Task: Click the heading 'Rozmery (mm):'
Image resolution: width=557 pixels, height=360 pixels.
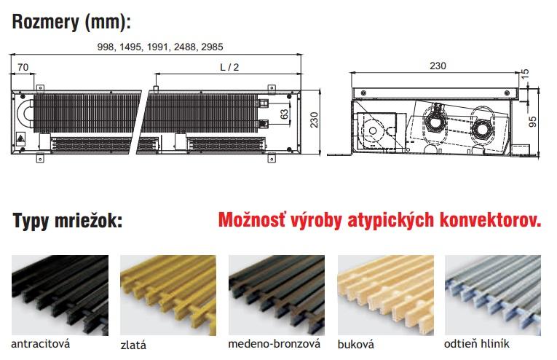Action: pyautogui.click(x=71, y=22)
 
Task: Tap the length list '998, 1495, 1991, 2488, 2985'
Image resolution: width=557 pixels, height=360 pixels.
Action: pyautogui.click(x=160, y=47)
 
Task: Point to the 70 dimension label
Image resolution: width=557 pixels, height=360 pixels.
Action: pyautogui.click(x=23, y=67)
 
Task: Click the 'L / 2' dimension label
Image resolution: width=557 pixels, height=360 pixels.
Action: pyautogui.click(x=229, y=67)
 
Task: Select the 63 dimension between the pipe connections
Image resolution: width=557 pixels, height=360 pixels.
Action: pyautogui.click(x=284, y=114)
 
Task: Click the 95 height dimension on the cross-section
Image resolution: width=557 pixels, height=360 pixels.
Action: pyautogui.click(x=533, y=122)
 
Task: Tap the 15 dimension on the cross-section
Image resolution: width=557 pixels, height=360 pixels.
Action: pyautogui.click(x=525, y=74)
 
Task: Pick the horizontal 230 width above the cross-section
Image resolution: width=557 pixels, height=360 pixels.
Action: pyautogui.click(x=438, y=66)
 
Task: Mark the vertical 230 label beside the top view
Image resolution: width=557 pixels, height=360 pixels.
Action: pyautogui.click(x=314, y=120)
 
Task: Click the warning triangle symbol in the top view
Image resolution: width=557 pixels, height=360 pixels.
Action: pyautogui.click(x=20, y=138)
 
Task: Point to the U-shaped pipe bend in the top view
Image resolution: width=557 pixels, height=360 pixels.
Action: pyautogui.click(x=24, y=114)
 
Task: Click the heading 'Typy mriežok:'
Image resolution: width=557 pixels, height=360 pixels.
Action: pyautogui.click(x=68, y=221)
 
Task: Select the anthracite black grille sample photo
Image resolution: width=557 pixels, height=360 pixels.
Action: pyautogui.click(x=60, y=295)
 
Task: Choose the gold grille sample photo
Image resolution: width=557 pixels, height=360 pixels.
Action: pyautogui.click(x=168, y=295)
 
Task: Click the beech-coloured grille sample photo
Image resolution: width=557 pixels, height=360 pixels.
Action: pyautogui.click(x=385, y=295)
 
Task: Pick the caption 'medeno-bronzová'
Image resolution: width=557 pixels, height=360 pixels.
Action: pyautogui.click(x=274, y=344)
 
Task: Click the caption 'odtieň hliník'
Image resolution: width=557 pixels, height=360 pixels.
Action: pyautogui.click(x=477, y=344)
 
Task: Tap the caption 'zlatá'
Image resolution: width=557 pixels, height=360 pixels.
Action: pyautogui.click(x=133, y=345)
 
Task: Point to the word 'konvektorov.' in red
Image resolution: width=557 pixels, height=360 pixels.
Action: pyautogui.click(x=491, y=220)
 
